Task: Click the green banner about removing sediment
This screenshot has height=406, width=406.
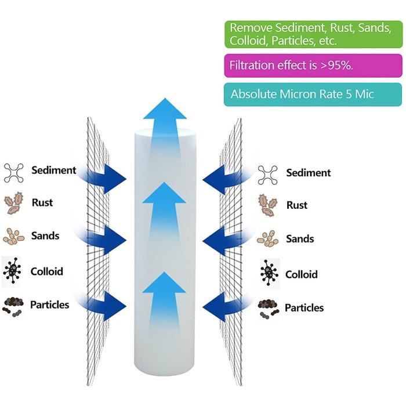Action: pyautogui.click(x=313, y=34)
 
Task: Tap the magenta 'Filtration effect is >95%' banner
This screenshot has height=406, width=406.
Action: pyautogui.click(x=313, y=65)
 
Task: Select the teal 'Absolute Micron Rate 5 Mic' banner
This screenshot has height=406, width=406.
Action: pyautogui.click(x=313, y=94)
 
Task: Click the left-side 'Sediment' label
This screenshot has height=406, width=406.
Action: pyautogui.click(x=54, y=170)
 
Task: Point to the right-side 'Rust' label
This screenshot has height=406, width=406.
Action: pyautogui.click(x=297, y=205)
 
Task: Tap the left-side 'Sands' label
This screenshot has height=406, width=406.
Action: pyautogui.click(x=46, y=236)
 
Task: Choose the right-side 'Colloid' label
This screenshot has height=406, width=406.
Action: pyautogui.click(x=302, y=274)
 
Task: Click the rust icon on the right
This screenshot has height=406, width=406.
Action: pyautogui.click(x=267, y=205)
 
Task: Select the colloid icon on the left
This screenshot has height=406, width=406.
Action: pyautogui.click(x=14, y=271)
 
